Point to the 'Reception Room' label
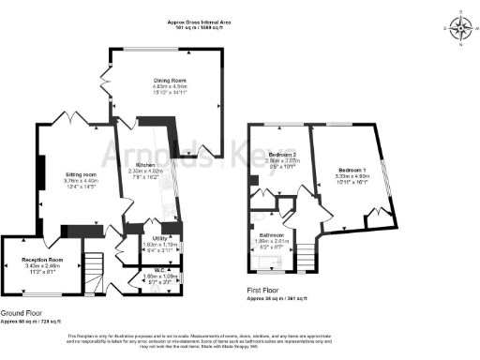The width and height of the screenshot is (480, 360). pos(43,258)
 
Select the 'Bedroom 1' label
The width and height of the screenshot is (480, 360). pos(352,170)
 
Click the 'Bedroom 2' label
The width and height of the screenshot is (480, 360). pos(282,154)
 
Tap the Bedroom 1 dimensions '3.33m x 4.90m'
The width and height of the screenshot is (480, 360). pos(352,176)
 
